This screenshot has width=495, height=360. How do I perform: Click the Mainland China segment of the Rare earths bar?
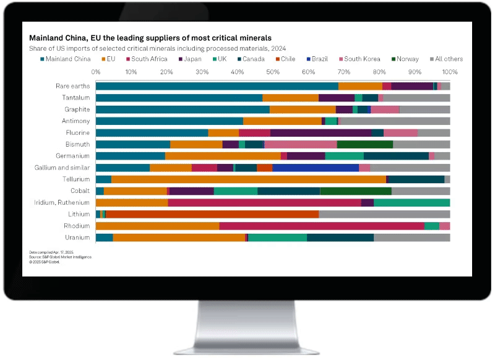pos(217,86)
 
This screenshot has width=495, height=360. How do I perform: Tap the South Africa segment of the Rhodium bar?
pos(322,226)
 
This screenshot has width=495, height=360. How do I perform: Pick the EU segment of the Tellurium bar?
pos(247,179)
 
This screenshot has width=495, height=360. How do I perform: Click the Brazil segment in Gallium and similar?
pos(316,168)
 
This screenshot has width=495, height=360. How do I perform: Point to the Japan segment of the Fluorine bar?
pos(321,132)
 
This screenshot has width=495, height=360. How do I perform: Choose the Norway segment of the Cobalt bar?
pos(356,191)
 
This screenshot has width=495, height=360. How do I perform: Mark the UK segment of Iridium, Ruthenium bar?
pos(411,202)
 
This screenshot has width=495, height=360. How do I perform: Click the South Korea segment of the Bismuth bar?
pos(300,144)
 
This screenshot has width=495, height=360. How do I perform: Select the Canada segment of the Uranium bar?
pos(340,238)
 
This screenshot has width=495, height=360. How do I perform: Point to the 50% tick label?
pos(273,72)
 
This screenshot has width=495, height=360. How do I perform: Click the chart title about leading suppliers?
pos(150,38)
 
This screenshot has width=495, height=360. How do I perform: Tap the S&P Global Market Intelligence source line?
pos(60,257)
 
